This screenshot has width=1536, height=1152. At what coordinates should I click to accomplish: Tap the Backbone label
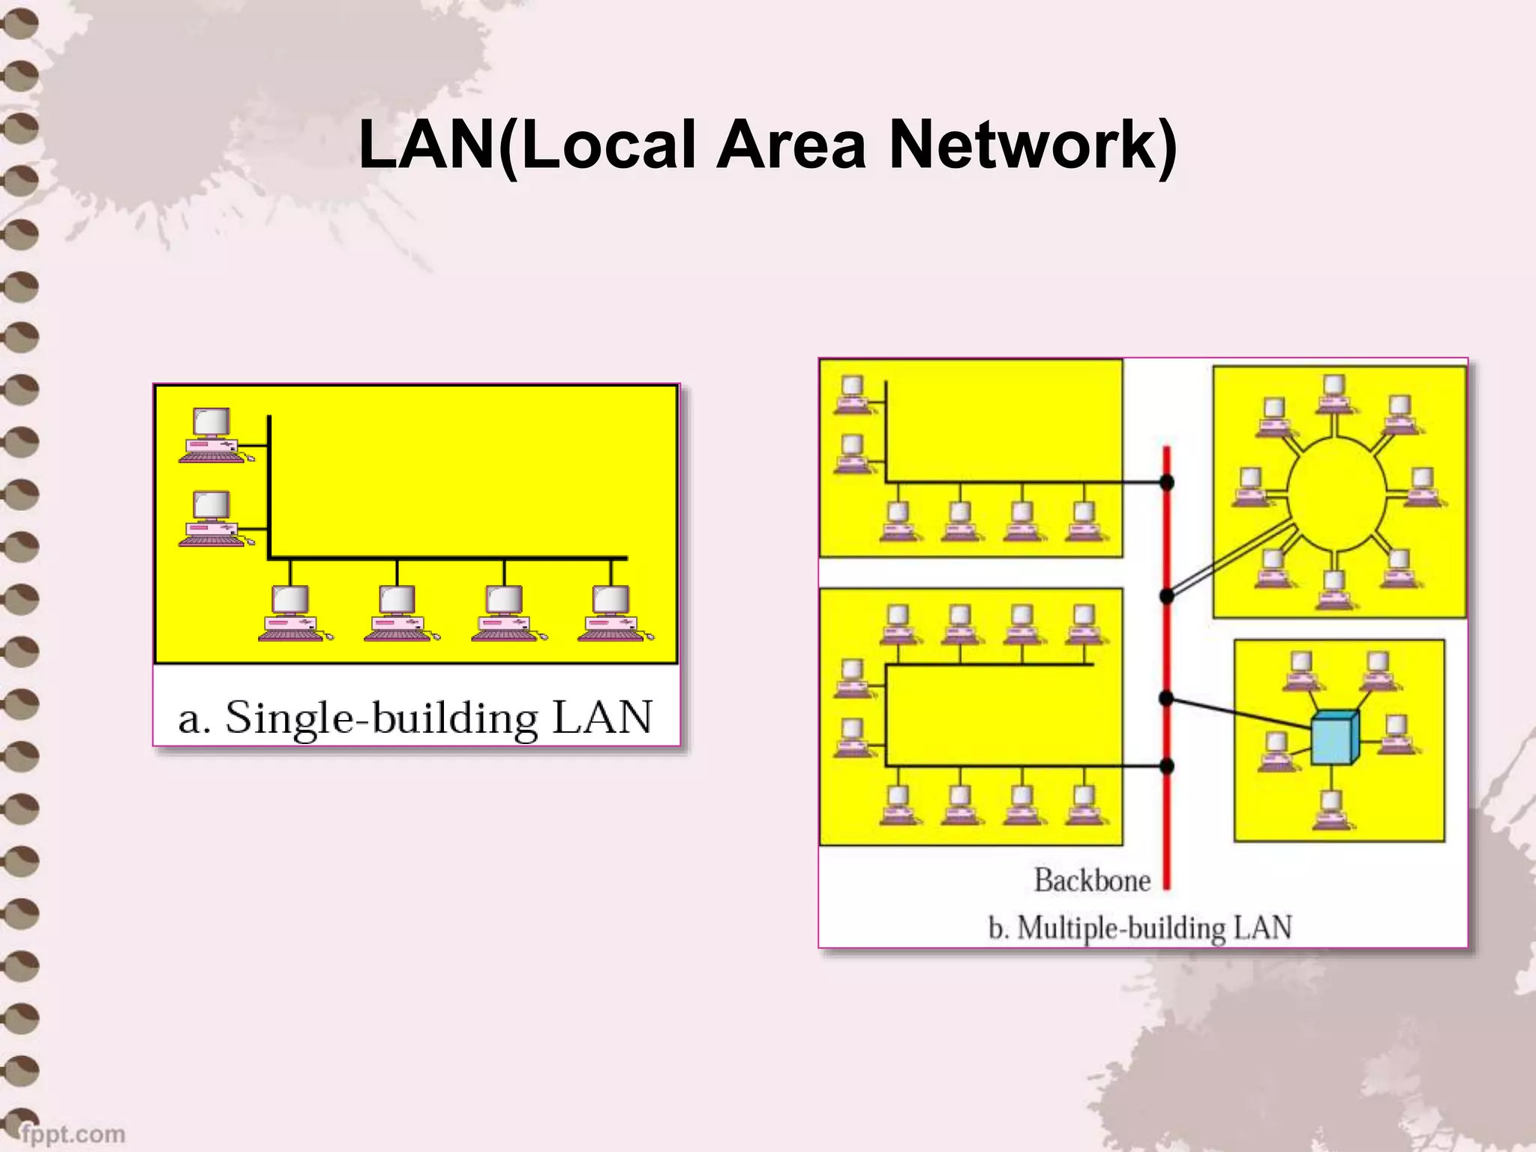(x=1092, y=880)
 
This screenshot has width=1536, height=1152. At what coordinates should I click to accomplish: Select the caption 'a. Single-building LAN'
(x=415, y=718)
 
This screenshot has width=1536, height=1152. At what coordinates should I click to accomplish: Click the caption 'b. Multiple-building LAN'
(x=1140, y=928)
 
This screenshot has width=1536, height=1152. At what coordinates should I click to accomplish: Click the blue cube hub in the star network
(x=1334, y=738)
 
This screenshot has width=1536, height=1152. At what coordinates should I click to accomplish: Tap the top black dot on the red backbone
(x=1167, y=482)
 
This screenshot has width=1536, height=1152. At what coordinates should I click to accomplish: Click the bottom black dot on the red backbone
(x=1167, y=766)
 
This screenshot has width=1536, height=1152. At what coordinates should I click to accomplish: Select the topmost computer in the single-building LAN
(x=213, y=435)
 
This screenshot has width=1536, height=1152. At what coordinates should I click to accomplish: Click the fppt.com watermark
(x=72, y=1133)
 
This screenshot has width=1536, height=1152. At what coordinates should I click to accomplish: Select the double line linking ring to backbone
(x=1230, y=559)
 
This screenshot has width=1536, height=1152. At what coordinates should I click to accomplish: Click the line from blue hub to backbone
(x=1237, y=713)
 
